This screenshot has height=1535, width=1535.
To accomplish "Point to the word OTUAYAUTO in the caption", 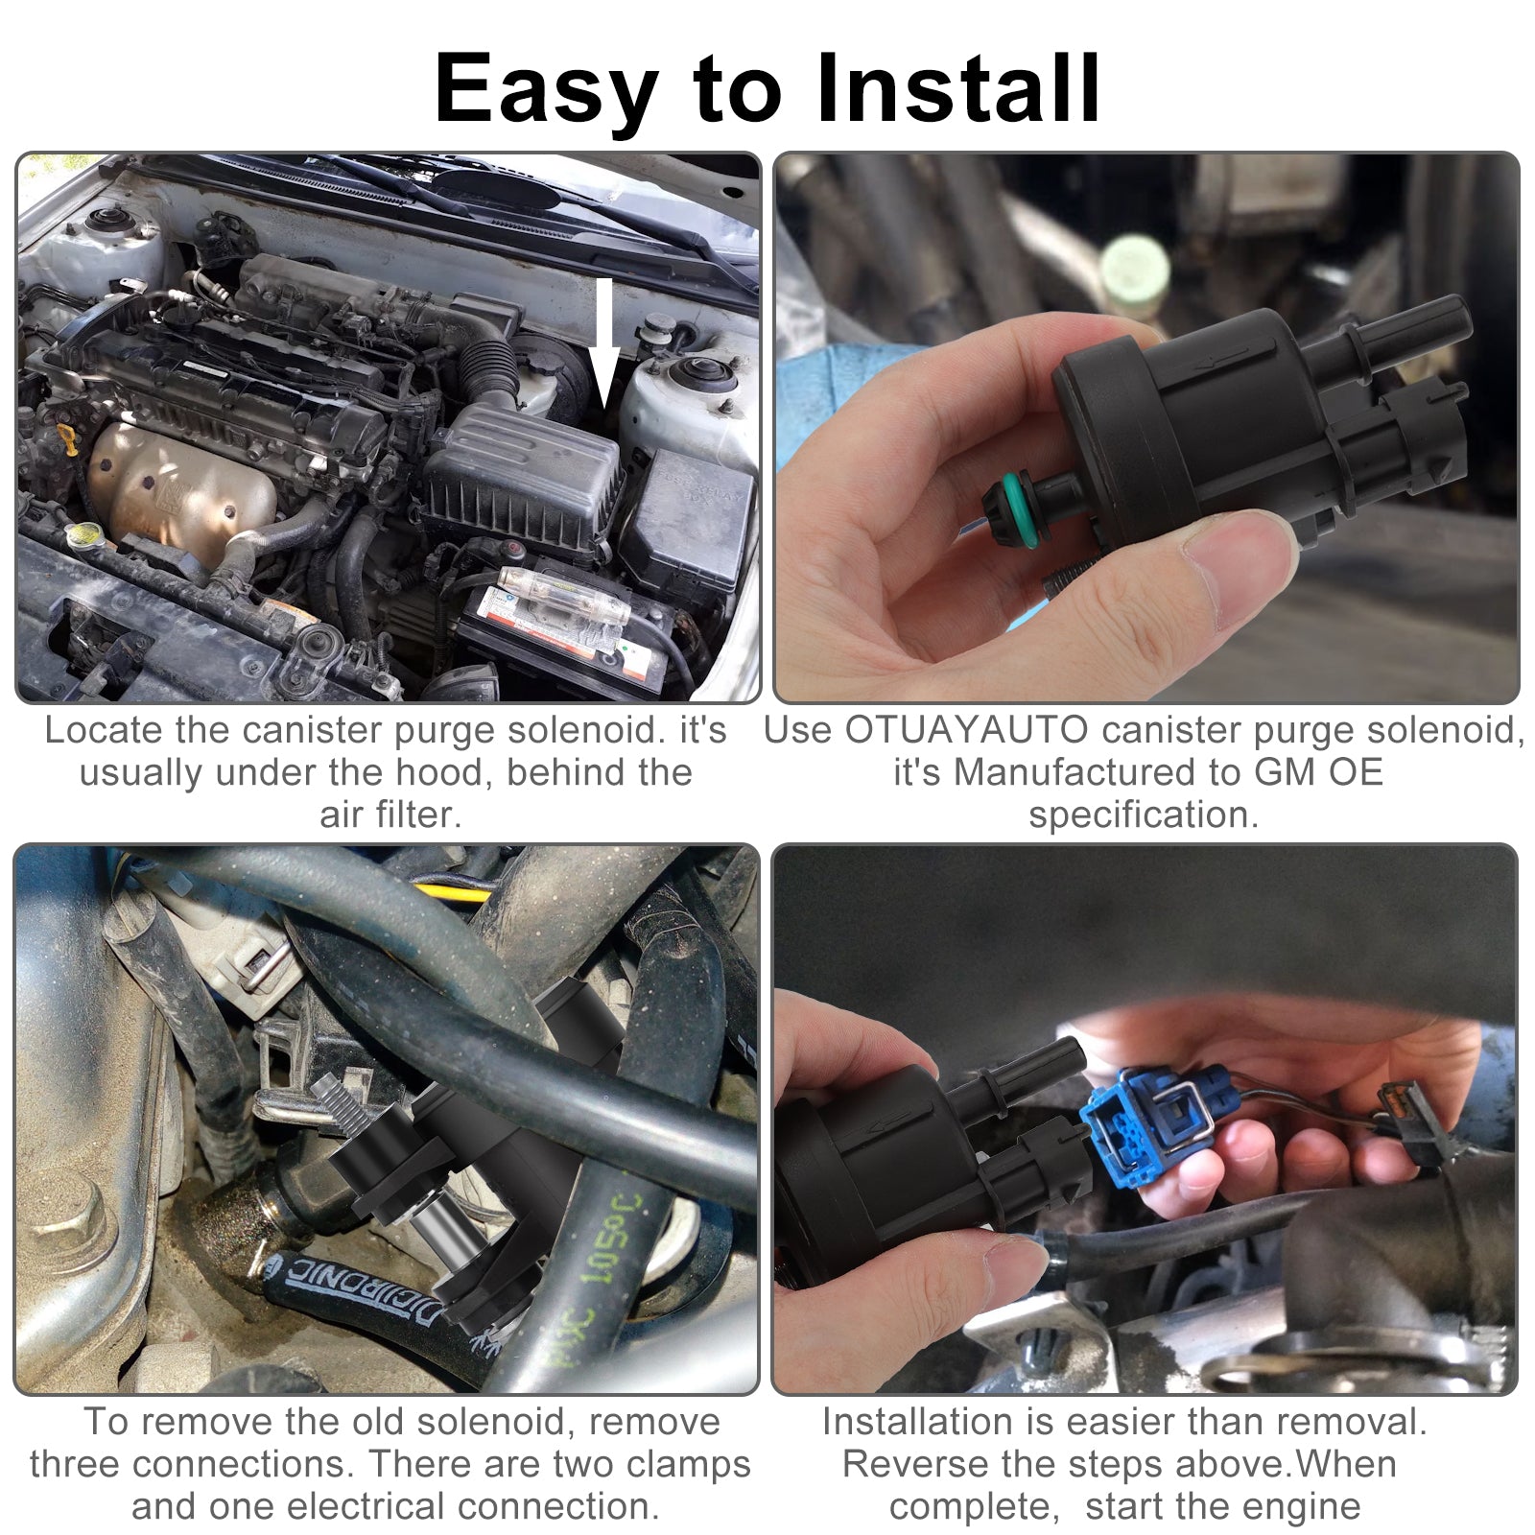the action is [966, 731].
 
